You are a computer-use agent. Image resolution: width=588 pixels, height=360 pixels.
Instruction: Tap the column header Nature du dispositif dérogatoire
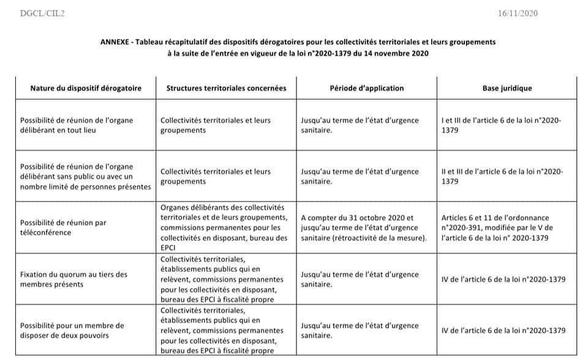pyautogui.click(x=86, y=88)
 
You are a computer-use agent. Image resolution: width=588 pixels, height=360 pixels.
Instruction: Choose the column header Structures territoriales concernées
pyautogui.click(x=226, y=88)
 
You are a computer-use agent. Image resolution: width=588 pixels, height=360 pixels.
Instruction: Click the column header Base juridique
pyautogui.click(x=507, y=88)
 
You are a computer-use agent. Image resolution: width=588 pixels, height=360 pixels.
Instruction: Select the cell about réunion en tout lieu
pyautogui.click(x=77, y=126)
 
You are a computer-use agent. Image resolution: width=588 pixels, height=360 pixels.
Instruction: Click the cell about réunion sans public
pyautogui.click(x=85, y=176)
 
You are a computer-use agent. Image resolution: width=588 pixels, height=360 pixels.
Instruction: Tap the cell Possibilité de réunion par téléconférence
pyautogui.click(x=63, y=227)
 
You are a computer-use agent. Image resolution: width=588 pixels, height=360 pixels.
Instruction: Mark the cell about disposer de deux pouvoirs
pyautogui.click(x=72, y=330)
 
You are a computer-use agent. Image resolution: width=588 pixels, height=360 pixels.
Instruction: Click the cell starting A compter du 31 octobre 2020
pyautogui.click(x=364, y=227)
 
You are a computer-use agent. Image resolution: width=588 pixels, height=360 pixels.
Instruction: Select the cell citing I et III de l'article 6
pyautogui.click(x=501, y=126)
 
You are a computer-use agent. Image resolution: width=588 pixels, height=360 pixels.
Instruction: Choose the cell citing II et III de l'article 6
pyautogui.click(x=502, y=176)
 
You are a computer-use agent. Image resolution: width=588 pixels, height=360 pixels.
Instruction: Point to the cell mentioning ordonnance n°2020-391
pyautogui.click(x=496, y=227)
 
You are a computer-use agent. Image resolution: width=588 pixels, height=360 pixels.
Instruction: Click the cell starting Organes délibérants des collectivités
pyautogui.click(x=224, y=227)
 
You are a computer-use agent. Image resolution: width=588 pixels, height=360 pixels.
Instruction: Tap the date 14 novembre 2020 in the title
pyautogui.click(x=399, y=53)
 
